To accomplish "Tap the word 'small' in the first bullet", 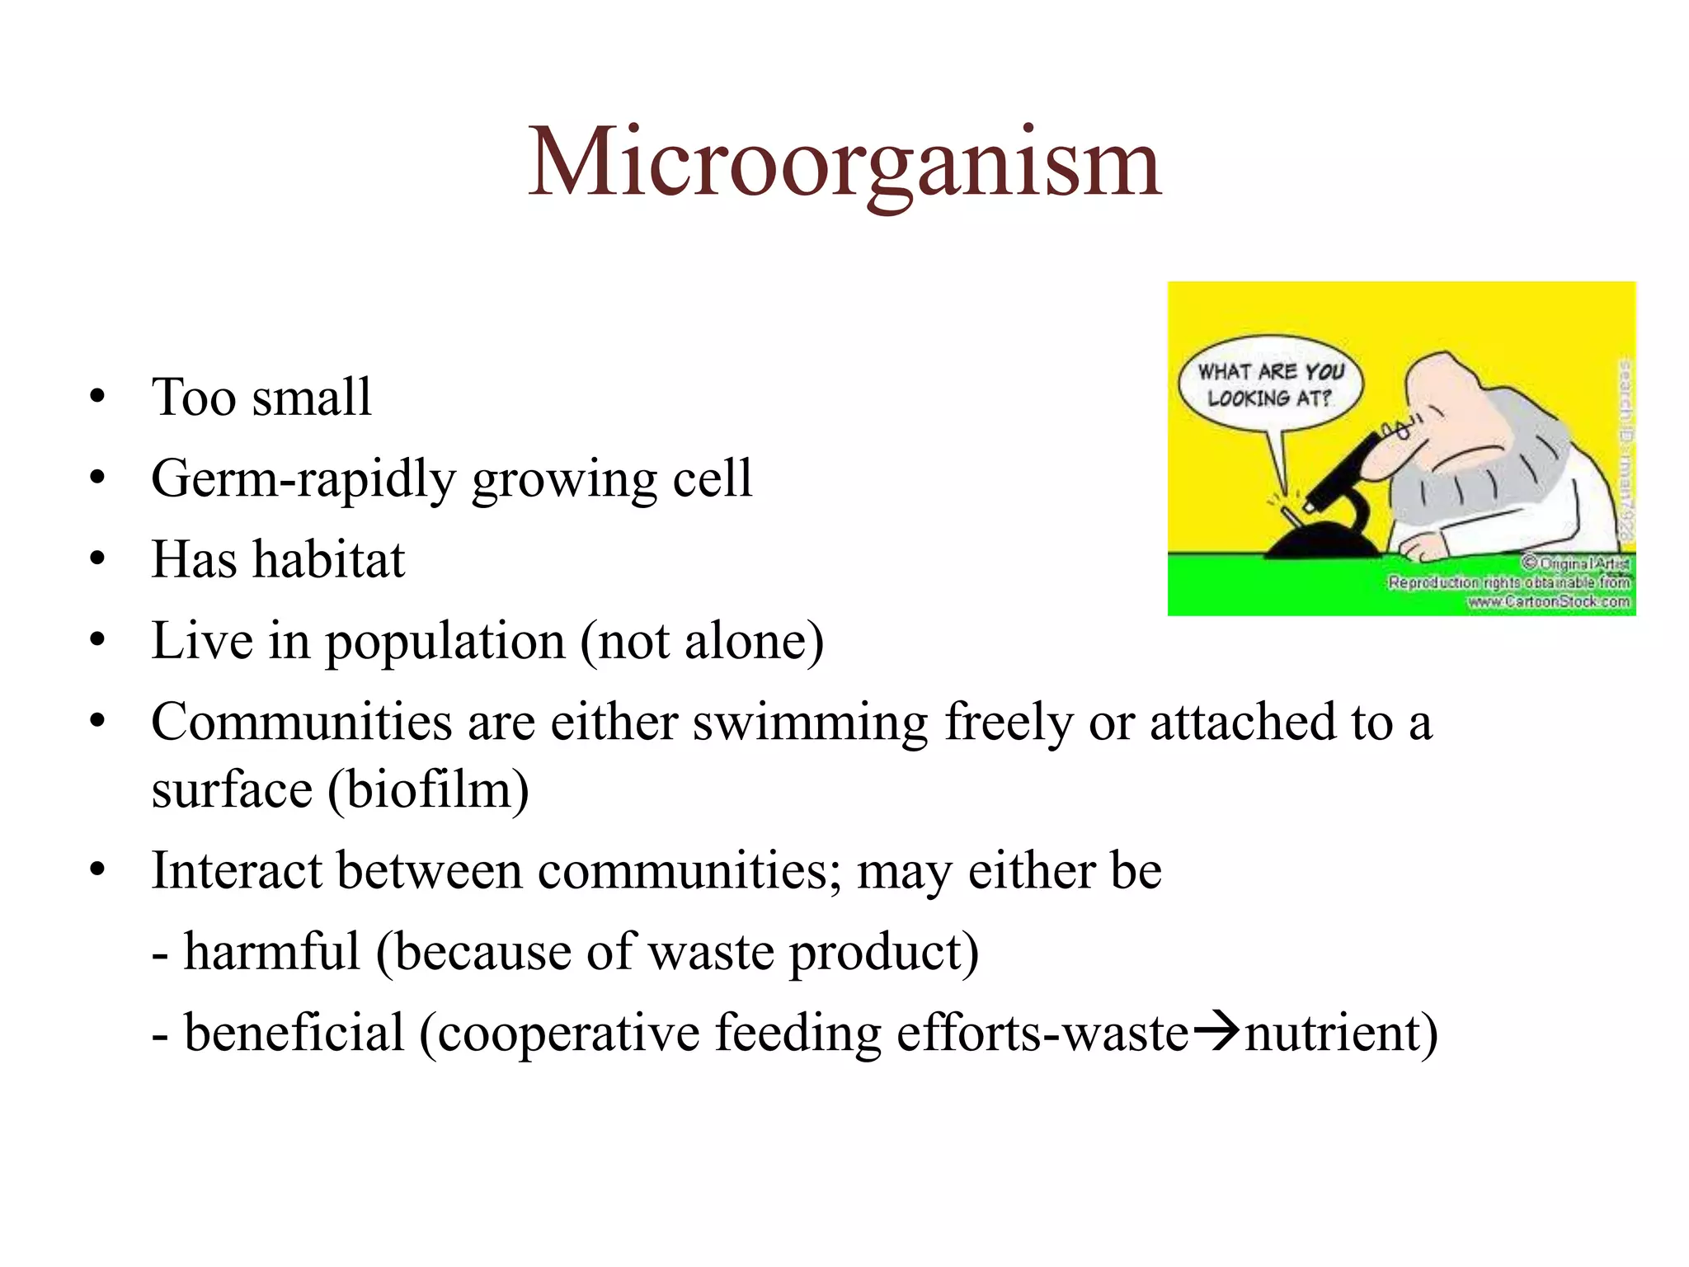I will click(312, 397).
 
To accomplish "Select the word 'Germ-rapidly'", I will click(303, 478).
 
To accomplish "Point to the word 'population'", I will click(445, 642).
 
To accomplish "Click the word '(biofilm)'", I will click(428, 790).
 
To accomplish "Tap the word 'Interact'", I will click(237, 870).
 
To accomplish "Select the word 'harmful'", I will click(271, 951).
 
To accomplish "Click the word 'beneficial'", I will click(294, 1033).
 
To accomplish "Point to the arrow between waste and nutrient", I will click(1216, 1031).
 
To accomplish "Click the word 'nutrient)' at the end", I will click(1341, 1033).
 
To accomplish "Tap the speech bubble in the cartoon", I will click(1270, 384).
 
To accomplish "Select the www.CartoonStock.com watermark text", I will click(1549, 601).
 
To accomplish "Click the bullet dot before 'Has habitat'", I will click(98, 559).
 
